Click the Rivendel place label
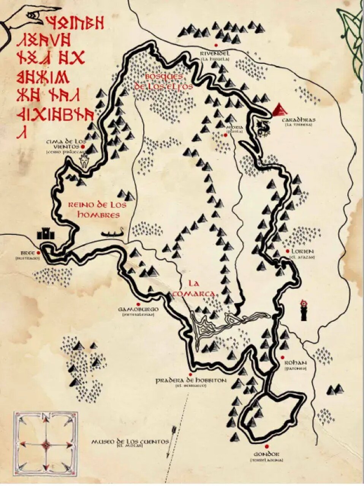click(215, 54)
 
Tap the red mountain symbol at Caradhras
click(280, 109)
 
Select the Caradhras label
click(298, 120)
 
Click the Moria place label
click(234, 127)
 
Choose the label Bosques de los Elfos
click(163, 81)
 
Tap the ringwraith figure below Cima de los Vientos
click(84, 160)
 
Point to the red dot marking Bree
click(38, 252)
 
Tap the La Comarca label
click(194, 288)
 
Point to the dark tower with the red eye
click(304, 310)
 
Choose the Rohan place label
click(295, 362)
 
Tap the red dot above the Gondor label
click(267, 447)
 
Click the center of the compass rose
click(46, 444)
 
